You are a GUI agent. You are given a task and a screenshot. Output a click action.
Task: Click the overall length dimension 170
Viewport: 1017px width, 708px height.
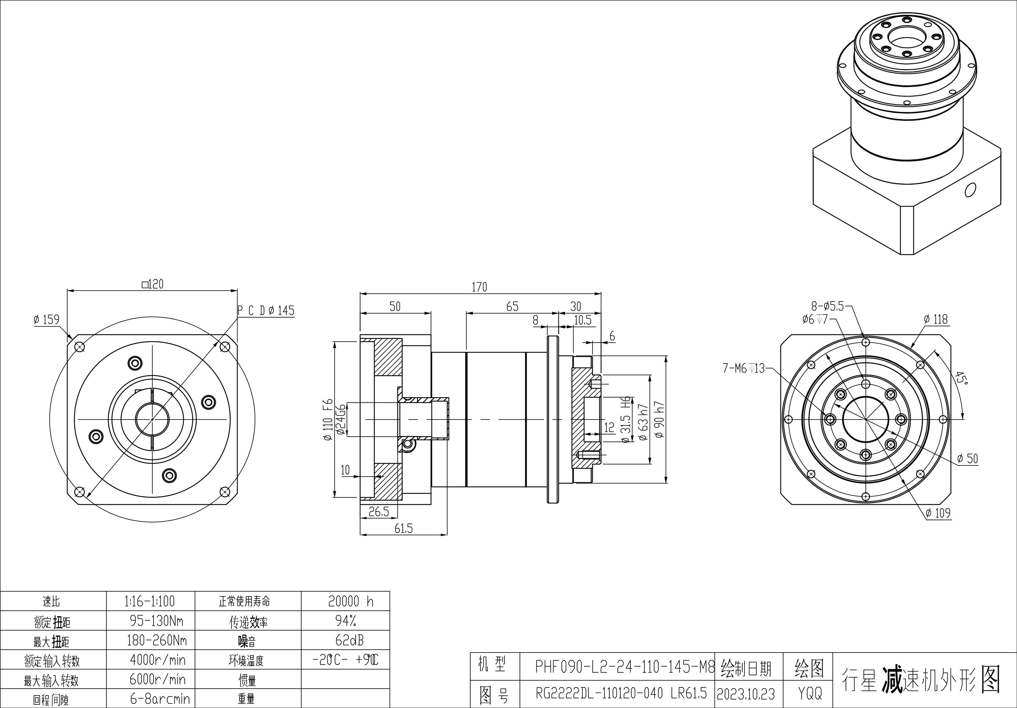(x=479, y=287)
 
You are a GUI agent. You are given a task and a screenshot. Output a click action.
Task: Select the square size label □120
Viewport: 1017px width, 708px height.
(x=152, y=284)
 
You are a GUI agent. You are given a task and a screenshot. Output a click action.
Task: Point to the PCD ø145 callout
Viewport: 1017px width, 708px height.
(x=266, y=310)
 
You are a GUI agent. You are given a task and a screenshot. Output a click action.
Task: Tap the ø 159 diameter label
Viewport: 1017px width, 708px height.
(x=46, y=319)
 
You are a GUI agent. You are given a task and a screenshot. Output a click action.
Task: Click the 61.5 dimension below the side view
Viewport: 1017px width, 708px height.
(x=404, y=528)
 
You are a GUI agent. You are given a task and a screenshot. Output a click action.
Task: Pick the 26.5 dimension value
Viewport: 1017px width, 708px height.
(x=379, y=512)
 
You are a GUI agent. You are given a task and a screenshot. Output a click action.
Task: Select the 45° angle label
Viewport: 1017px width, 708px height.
(x=960, y=378)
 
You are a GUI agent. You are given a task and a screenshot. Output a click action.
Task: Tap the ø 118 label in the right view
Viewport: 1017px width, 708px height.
(x=936, y=319)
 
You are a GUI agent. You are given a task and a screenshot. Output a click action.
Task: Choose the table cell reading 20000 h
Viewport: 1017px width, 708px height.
(x=350, y=601)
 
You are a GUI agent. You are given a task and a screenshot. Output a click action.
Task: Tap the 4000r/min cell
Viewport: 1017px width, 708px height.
(x=158, y=660)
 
